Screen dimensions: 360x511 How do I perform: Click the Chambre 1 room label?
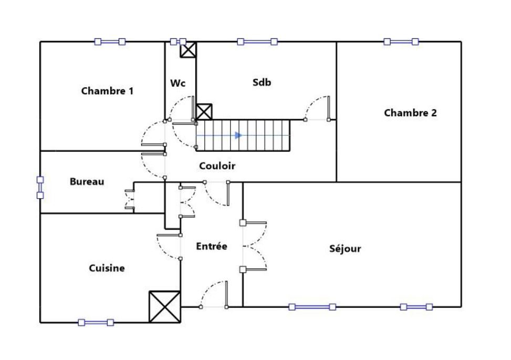(107, 91)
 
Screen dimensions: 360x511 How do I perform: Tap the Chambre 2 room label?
(410, 112)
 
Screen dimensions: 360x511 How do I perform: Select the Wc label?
(178, 83)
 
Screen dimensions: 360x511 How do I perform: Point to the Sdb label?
(262, 82)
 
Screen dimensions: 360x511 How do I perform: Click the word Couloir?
(217, 166)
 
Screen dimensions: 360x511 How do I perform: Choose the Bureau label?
(87, 182)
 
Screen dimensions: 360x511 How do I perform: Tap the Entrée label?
(212, 246)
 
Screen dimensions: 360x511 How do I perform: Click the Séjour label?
(345, 249)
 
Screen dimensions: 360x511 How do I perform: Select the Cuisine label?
(107, 268)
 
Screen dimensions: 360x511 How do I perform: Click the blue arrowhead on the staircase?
(238, 135)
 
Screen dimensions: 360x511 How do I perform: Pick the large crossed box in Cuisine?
(164, 306)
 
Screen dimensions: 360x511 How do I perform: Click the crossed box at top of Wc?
(188, 50)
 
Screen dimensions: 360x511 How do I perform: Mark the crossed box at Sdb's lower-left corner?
(204, 111)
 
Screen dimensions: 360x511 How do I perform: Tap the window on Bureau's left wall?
(40, 188)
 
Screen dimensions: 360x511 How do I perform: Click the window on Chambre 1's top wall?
(110, 42)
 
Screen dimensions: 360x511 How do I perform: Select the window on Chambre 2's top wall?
(401, 42)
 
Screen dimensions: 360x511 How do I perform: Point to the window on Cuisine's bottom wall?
(96, 322)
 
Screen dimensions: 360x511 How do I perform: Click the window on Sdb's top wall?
(257, 42)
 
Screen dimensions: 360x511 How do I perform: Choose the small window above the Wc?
(178, 42)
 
